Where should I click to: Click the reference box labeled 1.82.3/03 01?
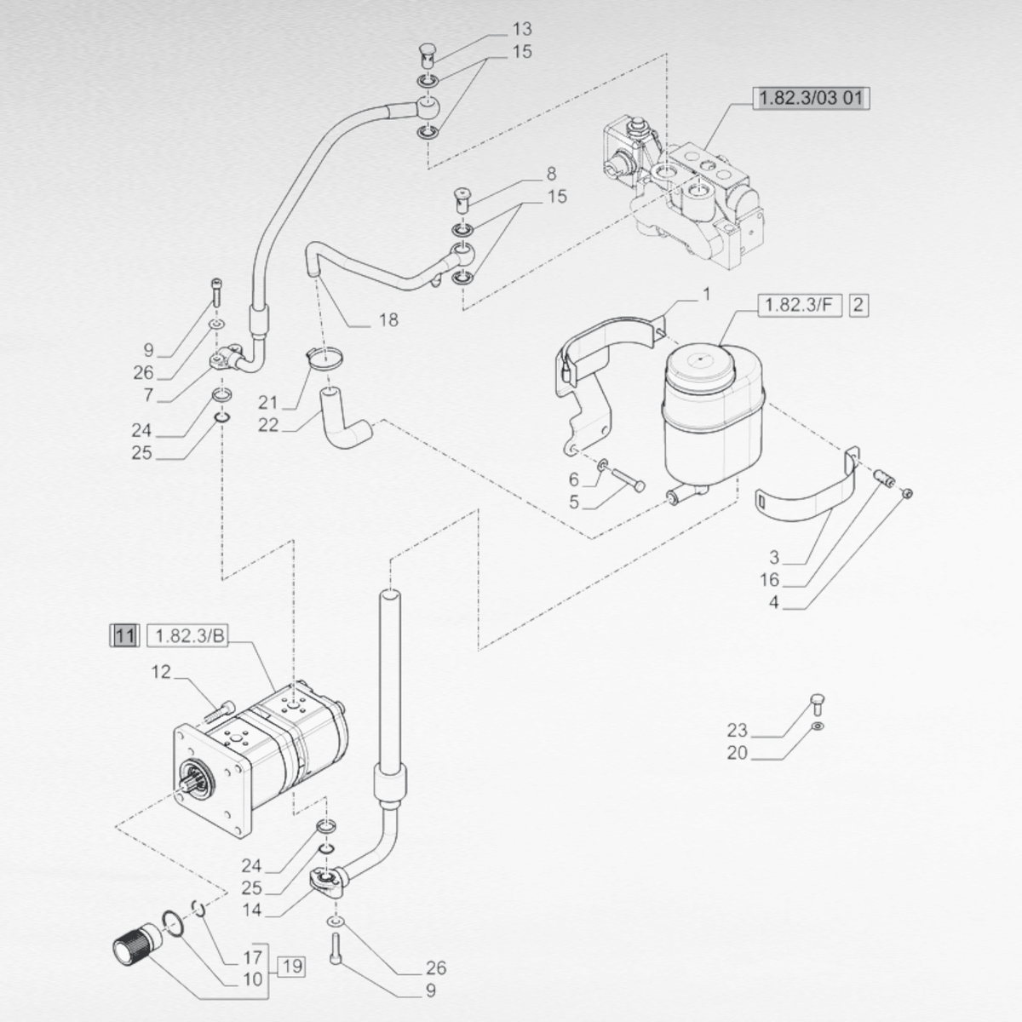click(810, 98)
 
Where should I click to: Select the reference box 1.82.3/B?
click(192, 635)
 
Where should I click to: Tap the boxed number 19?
click(290, 967)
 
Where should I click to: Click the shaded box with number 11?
click(124, 635)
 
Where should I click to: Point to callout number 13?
click(521, 30)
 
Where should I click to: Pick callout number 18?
click(388, 320)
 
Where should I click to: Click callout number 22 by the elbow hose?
click(268, 424)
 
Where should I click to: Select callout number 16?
click(770, 581)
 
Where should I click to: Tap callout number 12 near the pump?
click(162, 673)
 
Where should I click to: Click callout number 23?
click(737, 730)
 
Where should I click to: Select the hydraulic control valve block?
click(690, 192)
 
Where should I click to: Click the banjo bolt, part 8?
click(463, 203)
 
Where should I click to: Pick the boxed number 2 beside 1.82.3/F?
click(858, 304)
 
